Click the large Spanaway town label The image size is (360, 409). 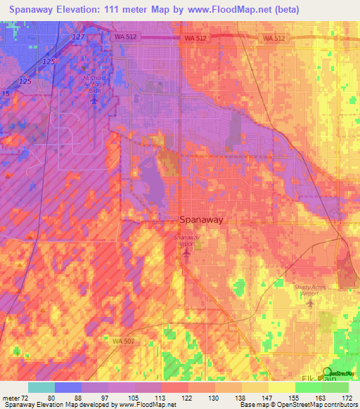(x=202, y=219)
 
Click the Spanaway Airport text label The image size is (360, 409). (x=187, y=240)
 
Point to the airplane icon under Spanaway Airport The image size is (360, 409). (x=186, y=252)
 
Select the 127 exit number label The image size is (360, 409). (x=78, y=37)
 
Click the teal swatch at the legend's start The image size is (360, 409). (x=41, y=387)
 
